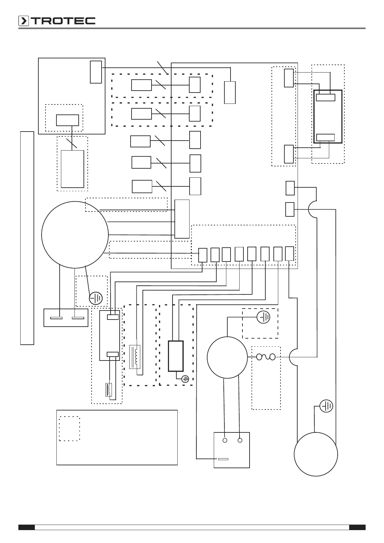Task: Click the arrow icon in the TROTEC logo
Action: [24, 21]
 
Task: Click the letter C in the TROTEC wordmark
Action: [90, 21]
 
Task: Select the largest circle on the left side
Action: [75, 235]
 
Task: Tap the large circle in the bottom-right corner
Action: [316, 454]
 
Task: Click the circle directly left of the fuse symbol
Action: [227, 357]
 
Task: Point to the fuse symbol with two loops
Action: [266, 357]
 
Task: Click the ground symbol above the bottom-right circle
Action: [326, 406]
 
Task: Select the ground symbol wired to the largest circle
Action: [96, 299]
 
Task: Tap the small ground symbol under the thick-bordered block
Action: [185, 379]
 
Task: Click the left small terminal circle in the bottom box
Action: [225, 440]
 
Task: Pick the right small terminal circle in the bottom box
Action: [240, 440]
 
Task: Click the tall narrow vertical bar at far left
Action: [27, 238]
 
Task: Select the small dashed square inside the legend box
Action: [70, 429]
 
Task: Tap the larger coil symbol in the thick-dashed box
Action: [135, 357]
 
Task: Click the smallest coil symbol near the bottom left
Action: [109, 389]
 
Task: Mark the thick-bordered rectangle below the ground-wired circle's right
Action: [176, 356]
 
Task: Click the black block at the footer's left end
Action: [26, 528]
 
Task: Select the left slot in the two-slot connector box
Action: [57, 318]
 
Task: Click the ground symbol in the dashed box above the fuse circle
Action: [263, 318]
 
